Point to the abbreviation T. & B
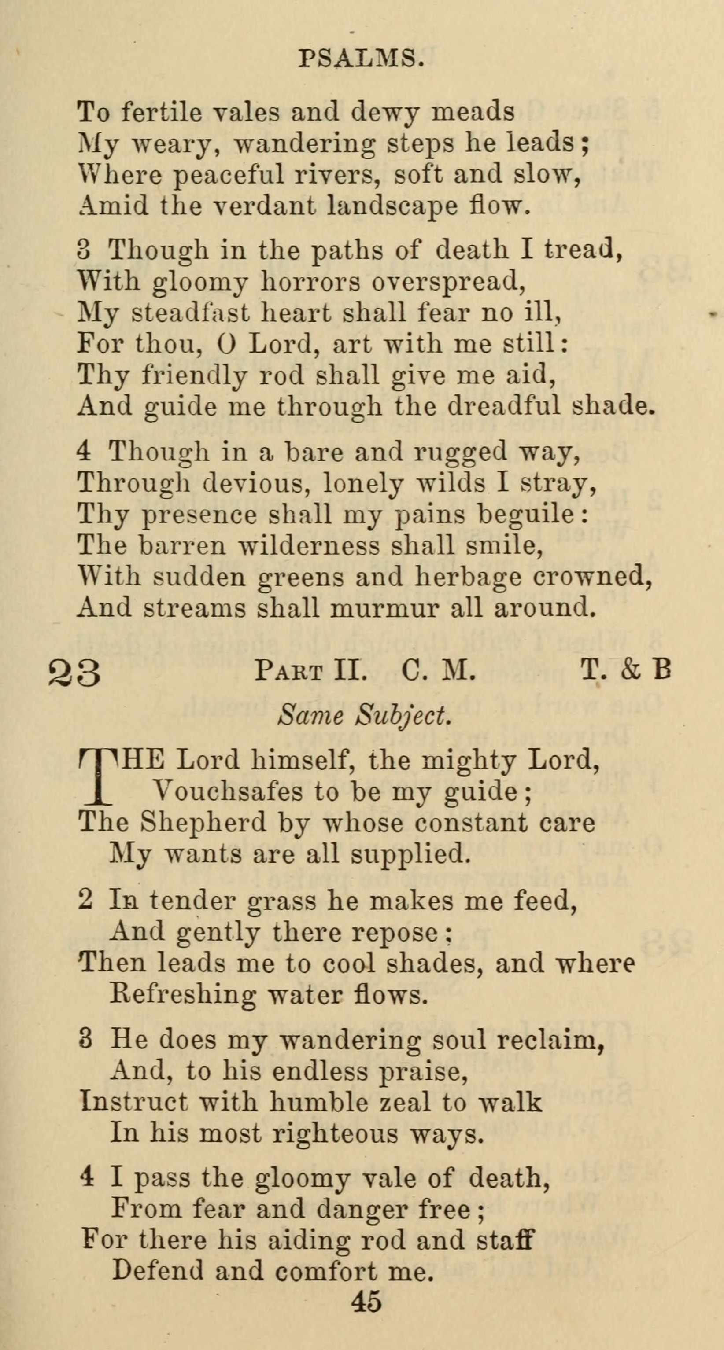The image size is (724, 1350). tap(626, 671)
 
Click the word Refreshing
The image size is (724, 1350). tap(183, 994)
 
